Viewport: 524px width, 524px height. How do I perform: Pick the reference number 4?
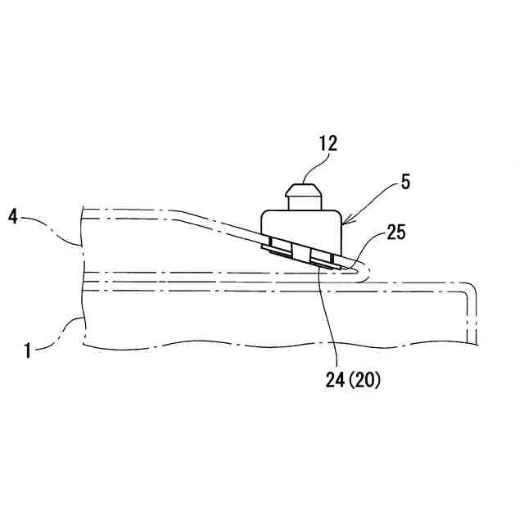[12, 217]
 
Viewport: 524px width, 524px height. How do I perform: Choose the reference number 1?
[27, 350]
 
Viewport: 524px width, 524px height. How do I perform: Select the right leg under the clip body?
[325, 257]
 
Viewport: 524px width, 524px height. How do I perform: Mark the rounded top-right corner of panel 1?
[469, 289]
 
